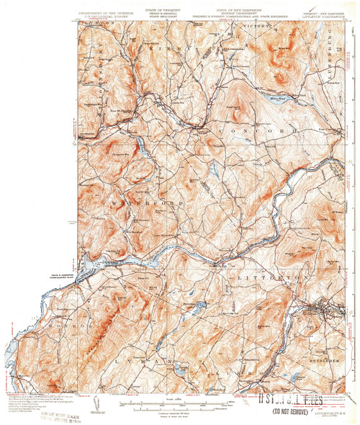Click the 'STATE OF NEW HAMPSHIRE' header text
point(216,7)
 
